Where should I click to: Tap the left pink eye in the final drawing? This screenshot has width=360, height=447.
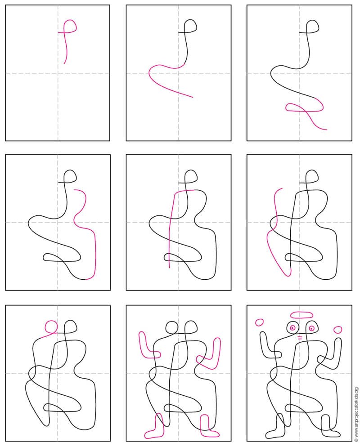tap(292, 328)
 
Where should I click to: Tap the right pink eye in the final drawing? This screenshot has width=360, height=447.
tap(311, 328)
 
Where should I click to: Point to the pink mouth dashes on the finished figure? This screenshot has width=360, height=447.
tap(300, 337)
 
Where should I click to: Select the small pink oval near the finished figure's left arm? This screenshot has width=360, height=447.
tap(259, 322)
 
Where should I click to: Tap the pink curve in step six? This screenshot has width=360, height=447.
tap(273, 234)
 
